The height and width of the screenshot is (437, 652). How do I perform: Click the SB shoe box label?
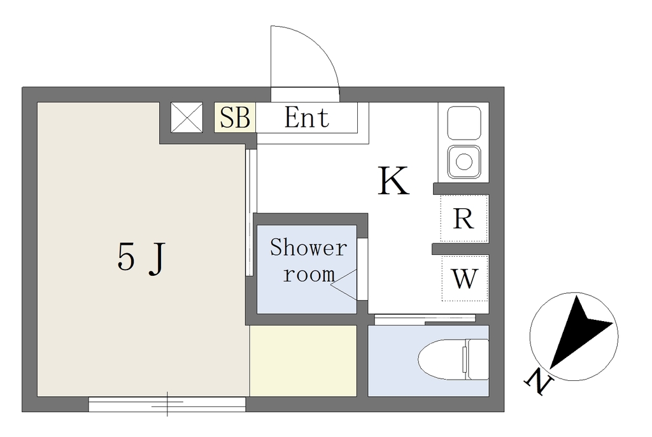coord(235,117)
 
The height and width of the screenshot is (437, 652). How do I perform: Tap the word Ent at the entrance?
coord(307,117)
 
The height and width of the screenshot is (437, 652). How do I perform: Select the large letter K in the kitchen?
coord(393,181)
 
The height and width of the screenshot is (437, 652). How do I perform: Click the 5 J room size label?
coord(141,259)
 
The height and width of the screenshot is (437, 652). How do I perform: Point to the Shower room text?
coord(309,261)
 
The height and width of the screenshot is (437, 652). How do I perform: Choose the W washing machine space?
coord(464,278)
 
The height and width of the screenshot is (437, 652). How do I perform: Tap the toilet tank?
coord(477,359)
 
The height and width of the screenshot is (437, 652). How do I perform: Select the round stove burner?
coord(464,161)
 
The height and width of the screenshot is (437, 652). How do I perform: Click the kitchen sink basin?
coord(464,122)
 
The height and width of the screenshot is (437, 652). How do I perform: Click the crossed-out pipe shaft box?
coord(187,118)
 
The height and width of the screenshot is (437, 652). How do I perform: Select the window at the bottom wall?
coord(167,404)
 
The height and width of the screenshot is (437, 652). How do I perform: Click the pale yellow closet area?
coord(303,361)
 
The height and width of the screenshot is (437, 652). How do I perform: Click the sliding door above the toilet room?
coord(425,319)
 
